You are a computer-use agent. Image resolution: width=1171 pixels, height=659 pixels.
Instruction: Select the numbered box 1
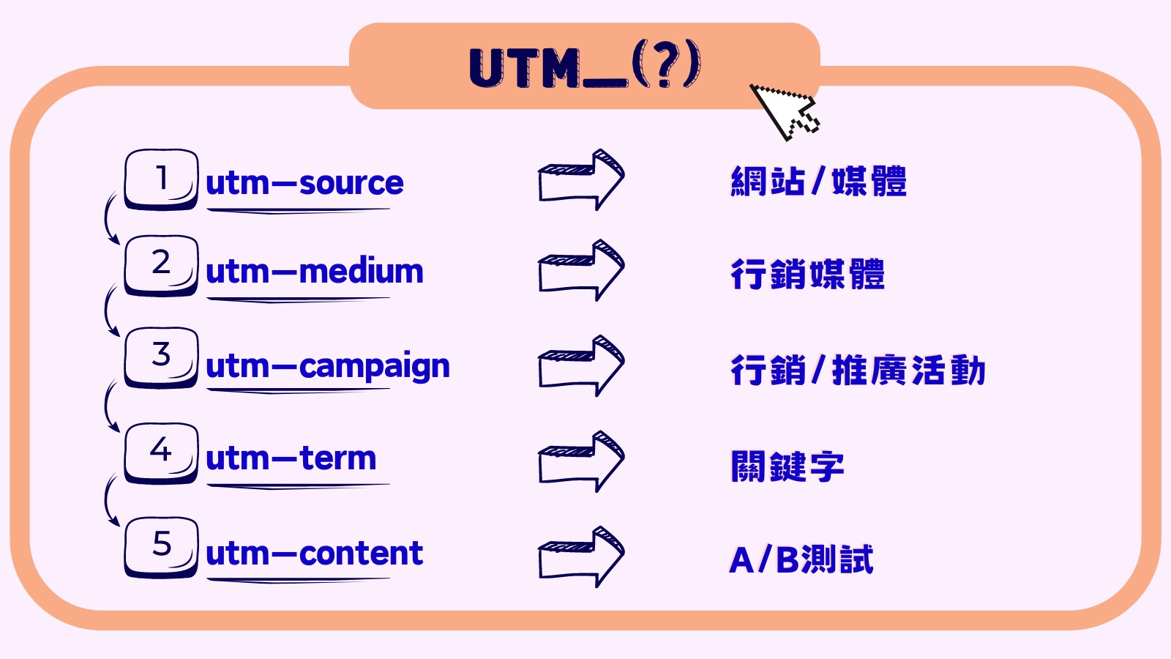click(161, 179)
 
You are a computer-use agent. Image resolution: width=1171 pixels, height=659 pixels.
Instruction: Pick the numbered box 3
click(161, 357)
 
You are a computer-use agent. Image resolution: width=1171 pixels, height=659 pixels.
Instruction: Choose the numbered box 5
click(161, 546)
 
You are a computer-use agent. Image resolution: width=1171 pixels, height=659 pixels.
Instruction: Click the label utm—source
click(304, 183)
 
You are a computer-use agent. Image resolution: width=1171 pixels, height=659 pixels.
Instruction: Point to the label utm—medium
click(315, 272)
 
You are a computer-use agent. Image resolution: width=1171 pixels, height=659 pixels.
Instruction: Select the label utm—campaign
click(328, 366)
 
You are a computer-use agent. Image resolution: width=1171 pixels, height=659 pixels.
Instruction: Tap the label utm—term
click(291, 459)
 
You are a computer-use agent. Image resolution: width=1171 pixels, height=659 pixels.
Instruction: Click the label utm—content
click(315, 554)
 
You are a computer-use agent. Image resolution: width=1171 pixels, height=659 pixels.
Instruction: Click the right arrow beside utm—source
click(581, 180)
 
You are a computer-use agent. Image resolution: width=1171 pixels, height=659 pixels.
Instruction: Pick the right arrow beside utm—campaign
click(581, 366)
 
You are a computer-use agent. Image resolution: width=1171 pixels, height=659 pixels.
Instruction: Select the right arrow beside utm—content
click(581, 556)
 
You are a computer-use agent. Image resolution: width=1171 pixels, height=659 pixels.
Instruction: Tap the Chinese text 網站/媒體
click(818, 182)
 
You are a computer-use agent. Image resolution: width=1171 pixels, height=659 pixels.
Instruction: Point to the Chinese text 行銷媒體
click(807, 275)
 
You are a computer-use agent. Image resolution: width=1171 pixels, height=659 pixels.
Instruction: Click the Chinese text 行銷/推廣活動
click(858, 370)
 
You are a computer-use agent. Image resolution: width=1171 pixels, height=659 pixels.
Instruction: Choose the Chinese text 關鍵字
click(787, 466)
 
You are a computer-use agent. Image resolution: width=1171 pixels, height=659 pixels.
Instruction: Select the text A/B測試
click(801, 560)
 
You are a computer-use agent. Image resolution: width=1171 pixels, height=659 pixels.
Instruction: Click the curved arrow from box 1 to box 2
click(110, 218)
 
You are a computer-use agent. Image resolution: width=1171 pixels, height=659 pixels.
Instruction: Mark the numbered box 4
click(161, 452)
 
